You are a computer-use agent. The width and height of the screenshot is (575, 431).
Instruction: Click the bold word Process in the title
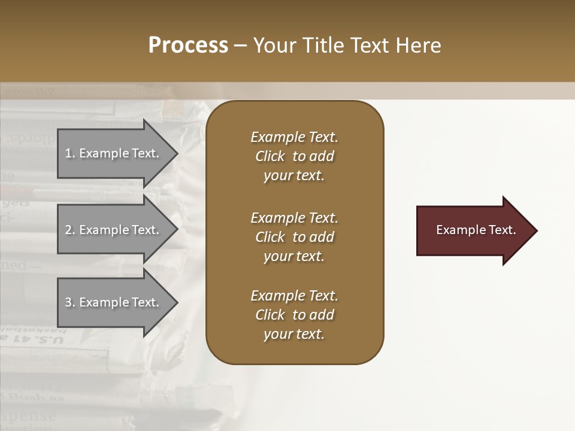pos(188,45)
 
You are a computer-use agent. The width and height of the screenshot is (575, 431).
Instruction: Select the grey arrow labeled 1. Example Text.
pos(114,153)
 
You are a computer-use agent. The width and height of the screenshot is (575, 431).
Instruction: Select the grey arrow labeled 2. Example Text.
pos(114,230)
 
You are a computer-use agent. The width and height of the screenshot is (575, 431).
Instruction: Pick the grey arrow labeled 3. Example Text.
pos(114,302)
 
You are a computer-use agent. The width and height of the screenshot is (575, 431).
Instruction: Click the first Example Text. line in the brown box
pos(294,137)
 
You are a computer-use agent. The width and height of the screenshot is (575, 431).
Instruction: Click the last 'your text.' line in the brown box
pos(294,334)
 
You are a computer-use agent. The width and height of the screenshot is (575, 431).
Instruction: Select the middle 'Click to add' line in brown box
pos(294,237)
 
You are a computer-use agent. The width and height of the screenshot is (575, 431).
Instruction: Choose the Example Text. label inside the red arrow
pos(476,230)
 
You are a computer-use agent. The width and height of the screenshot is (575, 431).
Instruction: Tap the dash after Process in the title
pos(241,46)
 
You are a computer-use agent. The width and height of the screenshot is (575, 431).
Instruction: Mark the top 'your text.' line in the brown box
pos(294,175)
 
